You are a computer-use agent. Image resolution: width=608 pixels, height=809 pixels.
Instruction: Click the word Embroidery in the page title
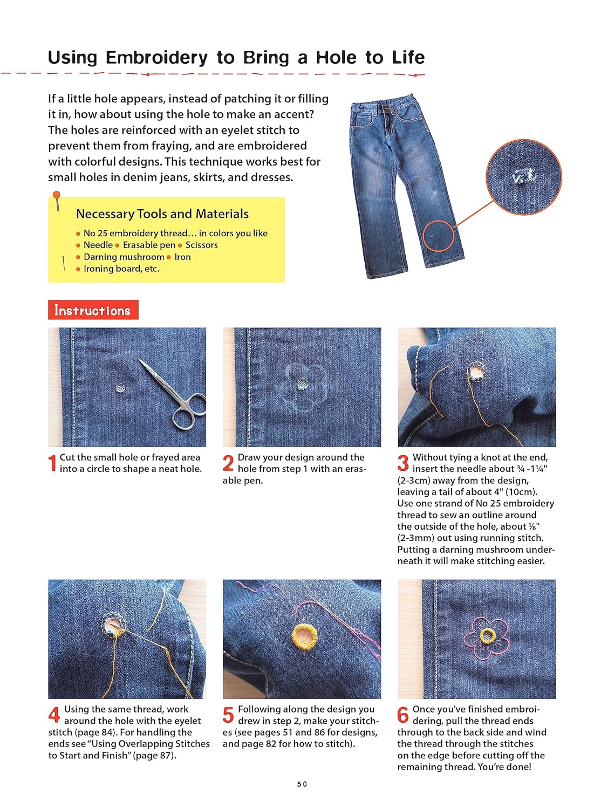coord(156,58)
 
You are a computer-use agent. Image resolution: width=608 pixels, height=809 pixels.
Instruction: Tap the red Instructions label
coord(93,310)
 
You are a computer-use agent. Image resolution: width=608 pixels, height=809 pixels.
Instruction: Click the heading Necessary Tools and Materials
coord(162,214)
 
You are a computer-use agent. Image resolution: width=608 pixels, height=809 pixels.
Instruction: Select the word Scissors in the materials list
coord(201,245)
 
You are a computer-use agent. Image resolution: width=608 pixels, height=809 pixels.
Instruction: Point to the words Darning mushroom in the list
coord(124,257)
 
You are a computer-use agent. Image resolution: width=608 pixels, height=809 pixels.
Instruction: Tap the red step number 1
coord(52,463)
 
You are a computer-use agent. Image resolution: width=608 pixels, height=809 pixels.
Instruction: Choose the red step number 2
coord(228,463)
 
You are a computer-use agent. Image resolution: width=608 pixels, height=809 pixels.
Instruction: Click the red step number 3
coord(403,463)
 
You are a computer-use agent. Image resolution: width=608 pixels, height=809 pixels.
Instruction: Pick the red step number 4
coord(54,715)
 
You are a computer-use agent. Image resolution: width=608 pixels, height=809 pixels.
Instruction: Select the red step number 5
coord(228,715)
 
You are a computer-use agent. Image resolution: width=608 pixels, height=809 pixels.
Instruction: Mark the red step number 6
coord(403,715)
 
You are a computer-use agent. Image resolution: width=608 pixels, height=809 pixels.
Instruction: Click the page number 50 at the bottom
coord(302,784)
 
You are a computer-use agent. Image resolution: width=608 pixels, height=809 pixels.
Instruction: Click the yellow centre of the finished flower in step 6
coord(487,636)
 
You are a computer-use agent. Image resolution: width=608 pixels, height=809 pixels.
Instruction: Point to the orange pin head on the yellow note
coord(57,195)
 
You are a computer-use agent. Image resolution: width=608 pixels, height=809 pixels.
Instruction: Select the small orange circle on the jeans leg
coord(438,236)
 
